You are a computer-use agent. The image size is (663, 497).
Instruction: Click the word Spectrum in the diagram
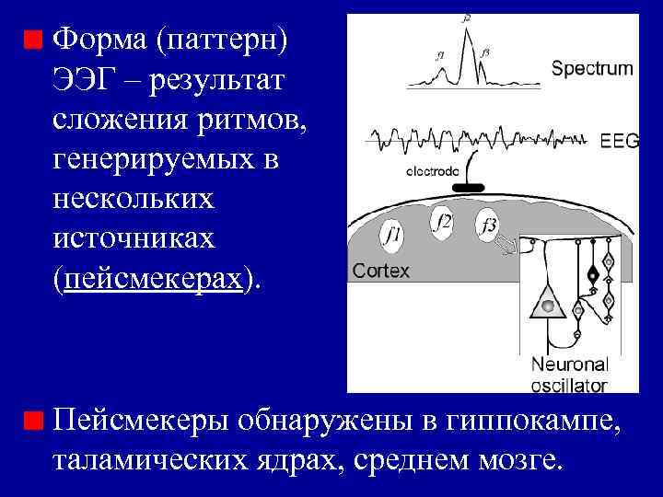(x=592, y=67)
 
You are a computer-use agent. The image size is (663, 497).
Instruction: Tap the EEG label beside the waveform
(x=619, y=141)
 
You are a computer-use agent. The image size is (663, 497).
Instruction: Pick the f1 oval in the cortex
(x=392, y=236)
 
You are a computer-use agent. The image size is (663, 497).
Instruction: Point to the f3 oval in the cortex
(x=488, y=225)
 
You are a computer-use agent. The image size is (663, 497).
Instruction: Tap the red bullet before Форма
(x=34, y=40)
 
